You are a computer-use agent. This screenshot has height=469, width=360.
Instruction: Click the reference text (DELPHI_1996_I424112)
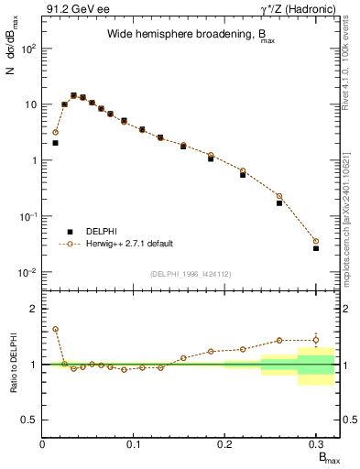190,273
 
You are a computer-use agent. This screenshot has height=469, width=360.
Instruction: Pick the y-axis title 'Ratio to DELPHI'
14,364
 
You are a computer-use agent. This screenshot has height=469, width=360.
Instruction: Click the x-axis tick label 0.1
135,443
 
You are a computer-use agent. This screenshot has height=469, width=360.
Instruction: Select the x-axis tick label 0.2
225,443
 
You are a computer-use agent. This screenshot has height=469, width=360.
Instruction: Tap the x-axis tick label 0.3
316,443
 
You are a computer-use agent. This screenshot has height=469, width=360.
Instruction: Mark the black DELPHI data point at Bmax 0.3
316,248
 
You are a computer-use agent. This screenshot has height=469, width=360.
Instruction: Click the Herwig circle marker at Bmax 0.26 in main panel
279,196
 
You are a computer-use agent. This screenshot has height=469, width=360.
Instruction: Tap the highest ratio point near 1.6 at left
55,329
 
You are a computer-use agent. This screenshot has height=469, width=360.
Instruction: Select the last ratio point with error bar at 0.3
316,340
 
